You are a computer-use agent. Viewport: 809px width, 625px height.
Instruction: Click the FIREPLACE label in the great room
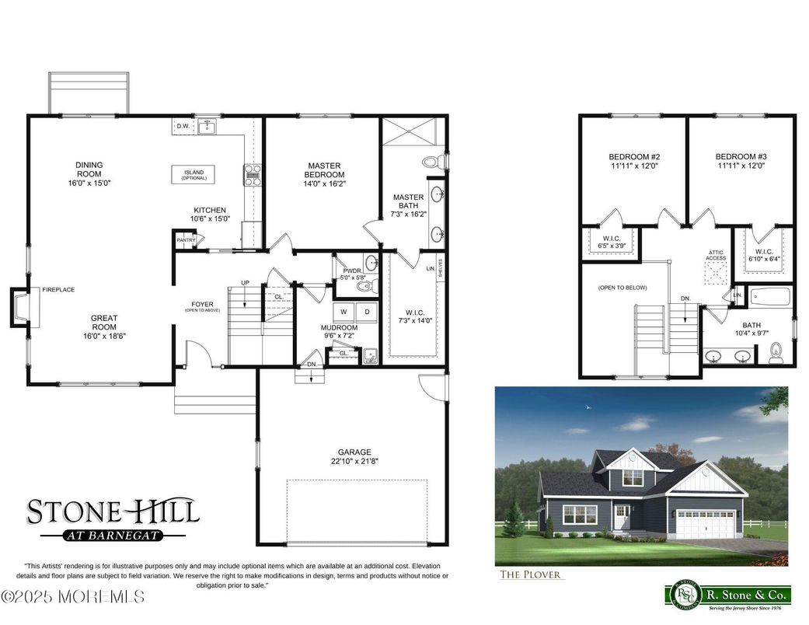(x=58, y=290)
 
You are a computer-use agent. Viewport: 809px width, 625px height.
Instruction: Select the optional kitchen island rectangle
(x=193, y=175)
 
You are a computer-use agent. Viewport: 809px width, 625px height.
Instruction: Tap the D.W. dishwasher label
(x=183, y=125)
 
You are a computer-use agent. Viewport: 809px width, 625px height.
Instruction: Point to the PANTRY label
(x=186, y=241)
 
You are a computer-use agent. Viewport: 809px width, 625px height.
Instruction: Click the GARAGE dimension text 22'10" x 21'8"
(x=354, y=461)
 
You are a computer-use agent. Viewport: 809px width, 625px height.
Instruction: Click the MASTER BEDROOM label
(x=324, y=169)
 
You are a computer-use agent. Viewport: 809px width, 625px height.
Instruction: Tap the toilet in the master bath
(x=432, y=162)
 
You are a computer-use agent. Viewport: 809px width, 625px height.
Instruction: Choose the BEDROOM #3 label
(x=740, y=161)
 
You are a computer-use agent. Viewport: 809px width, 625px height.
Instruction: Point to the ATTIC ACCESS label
(x=716, y=255)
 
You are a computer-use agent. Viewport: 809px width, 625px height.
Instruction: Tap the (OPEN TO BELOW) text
(x=622, y=288)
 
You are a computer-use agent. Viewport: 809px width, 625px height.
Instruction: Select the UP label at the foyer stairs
(x=246, y=282)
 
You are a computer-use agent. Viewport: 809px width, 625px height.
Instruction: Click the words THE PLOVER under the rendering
(x=531, y=575)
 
